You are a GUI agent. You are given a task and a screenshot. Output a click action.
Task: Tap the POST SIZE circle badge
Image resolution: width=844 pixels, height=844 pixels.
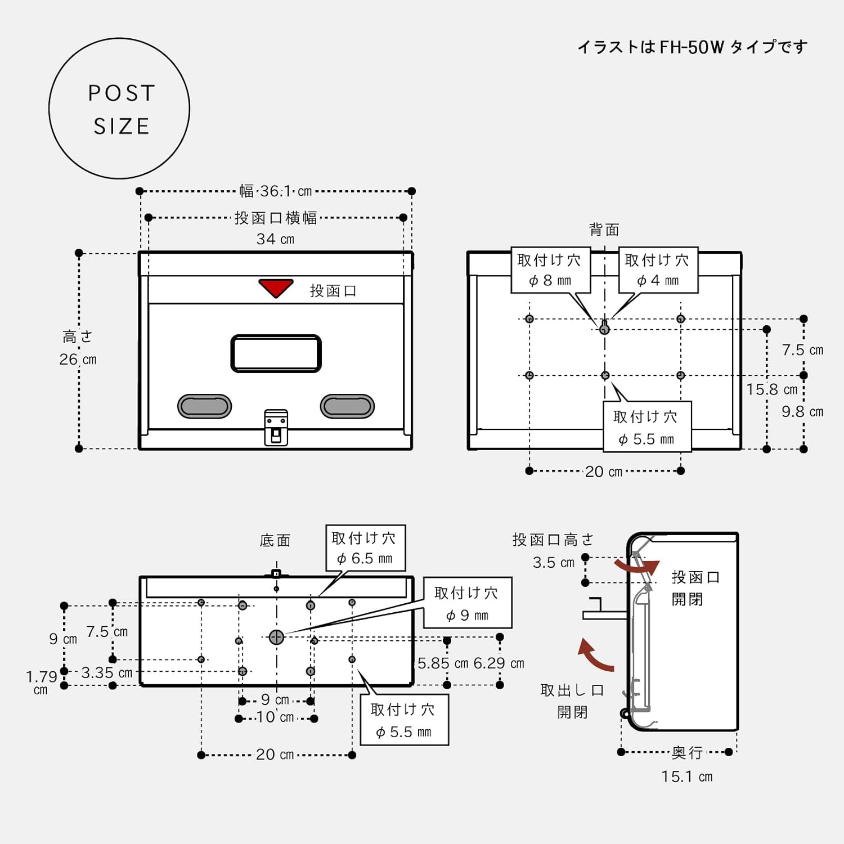coord(119,109)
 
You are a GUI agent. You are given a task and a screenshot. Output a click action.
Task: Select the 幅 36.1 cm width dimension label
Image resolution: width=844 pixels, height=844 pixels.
coord(276,191)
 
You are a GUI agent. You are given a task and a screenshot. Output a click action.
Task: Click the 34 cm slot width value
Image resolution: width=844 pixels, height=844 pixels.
coord(276,239)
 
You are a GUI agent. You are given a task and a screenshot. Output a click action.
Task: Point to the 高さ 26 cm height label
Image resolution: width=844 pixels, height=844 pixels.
coord(78,348)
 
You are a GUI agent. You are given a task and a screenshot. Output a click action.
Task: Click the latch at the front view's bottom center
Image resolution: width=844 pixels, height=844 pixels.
coord(276,428)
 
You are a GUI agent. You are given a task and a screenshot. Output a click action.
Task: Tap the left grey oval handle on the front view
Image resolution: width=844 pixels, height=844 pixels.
coord(205,406)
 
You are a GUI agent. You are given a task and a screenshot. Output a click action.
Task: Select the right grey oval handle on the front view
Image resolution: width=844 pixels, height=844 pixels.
coord(347,406)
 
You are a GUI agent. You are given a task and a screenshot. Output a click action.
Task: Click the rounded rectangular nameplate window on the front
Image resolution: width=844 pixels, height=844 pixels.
coord(276,353)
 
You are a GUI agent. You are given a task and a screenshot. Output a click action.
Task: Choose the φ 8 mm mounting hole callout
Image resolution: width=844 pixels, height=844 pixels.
coord(550,270)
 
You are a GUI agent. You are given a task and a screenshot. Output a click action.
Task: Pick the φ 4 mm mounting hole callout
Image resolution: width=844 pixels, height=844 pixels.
coord(658,270)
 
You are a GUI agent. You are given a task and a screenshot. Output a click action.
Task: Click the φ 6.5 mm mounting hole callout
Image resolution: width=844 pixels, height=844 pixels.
coord(366,548)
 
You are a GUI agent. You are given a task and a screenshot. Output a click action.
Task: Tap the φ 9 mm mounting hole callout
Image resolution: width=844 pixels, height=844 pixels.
coord(468,603)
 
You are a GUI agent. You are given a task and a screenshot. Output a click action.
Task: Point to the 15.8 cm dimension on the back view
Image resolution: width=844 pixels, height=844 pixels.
coord(772,389)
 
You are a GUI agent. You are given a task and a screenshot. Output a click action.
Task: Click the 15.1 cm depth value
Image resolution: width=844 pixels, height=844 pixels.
coord(687,777)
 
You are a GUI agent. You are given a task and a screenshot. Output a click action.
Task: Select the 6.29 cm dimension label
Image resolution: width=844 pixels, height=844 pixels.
coord(499,663)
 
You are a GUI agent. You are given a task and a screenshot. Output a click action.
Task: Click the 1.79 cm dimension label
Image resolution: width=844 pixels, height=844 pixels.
coord(41,682)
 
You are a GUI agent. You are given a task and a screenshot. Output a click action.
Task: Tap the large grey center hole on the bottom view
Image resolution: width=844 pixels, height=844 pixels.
coord(276,637)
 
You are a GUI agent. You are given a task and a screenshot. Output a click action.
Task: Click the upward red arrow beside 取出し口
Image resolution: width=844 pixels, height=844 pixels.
coord(595,656)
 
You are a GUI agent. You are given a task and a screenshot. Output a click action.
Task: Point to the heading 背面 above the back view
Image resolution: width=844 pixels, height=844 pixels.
coord(604,230)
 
